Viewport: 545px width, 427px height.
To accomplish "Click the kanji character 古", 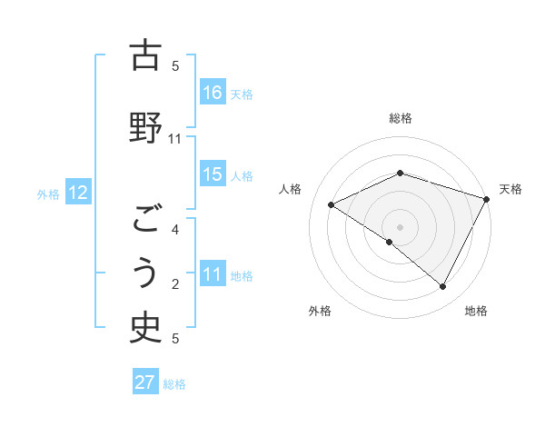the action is pyautogui.click(x=145, y=57).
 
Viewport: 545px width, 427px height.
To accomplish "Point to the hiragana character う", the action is pyautogui.click(x=145, y=273).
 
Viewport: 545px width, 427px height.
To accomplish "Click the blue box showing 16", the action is pyautogui.click(x=213, y=93).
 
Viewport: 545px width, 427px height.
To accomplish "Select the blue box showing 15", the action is pyautogui.click(x=213, y=174).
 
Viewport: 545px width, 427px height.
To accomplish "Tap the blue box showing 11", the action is pyautogui.click(x=213, y=275).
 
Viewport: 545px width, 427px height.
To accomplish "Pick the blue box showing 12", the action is pyautogui.click(x=77, y=193).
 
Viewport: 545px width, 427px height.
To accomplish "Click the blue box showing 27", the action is pyautogui.click(x=144, y=382).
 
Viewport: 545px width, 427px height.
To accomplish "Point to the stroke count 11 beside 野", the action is pyautogui.click(x=175, y=139).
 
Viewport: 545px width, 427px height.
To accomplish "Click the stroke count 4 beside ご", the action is pyautogui.click(x=175, y=230).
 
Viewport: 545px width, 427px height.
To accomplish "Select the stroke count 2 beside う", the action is pyautogui.click(x=175, y=284).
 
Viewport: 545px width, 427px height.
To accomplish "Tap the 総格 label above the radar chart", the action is pyautogui.click(x=400, y=118).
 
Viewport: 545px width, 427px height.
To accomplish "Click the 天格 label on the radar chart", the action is pyautogui.click(x=510, y=189).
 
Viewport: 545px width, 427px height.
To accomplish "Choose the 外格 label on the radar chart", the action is pyautogui.click(x=320, y=311).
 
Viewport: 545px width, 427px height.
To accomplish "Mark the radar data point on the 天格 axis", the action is pyautogui.click(x=487, y=199).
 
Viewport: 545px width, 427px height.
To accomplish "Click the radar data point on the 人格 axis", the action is pyautogui.click(x=332, y=205).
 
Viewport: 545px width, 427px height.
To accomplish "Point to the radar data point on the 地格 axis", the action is pyautogui.click(x=442, y=287).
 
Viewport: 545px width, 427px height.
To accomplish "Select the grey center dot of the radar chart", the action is pyautogui.click(x=400, y=227).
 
